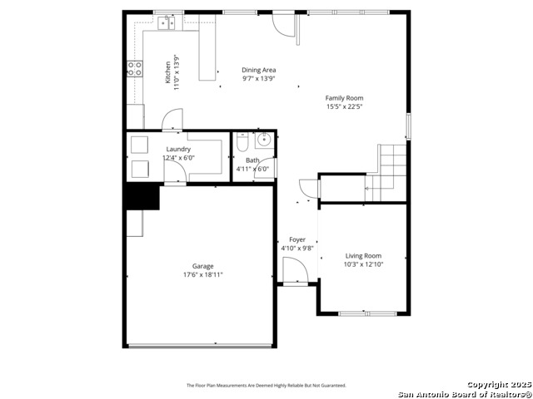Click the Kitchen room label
(x=167, y=72)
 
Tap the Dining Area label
(x=259, y=70)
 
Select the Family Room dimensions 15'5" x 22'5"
(x=344, y=106)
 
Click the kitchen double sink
(x=167, y=22)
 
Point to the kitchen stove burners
(x=135, y=68)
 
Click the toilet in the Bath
(x=242, y=142)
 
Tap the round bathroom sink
(x=264, y=140)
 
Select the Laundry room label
(x=178, y=149)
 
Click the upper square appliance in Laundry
(x=139, y=145)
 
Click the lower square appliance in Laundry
(x=140, y=169)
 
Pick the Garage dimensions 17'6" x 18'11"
(x=203, y=274)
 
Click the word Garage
(x=203, y=266)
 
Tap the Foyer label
(x=297, y=239)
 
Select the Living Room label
(x=363, y=256)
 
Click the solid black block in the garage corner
(x=142, y=196)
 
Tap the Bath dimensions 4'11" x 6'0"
(x=255, y=169)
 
